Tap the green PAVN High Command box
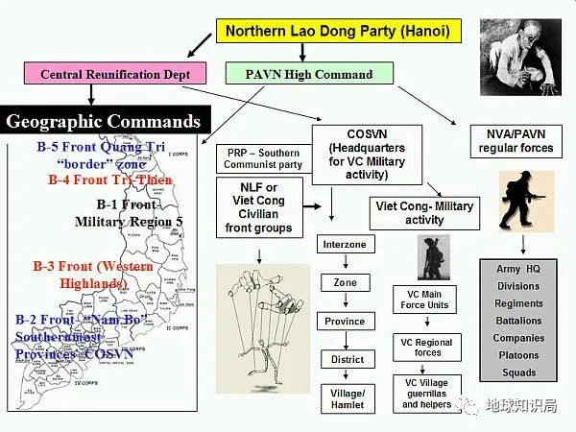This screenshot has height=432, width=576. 296,73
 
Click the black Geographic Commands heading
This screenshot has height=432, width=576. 104,122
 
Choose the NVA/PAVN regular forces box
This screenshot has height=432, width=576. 516,142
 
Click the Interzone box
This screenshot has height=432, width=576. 344,245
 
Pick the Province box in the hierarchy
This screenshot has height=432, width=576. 344,321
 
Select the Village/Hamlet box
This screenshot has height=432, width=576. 343,398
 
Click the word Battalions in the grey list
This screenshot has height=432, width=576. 518,321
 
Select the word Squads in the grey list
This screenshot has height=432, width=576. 518,372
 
